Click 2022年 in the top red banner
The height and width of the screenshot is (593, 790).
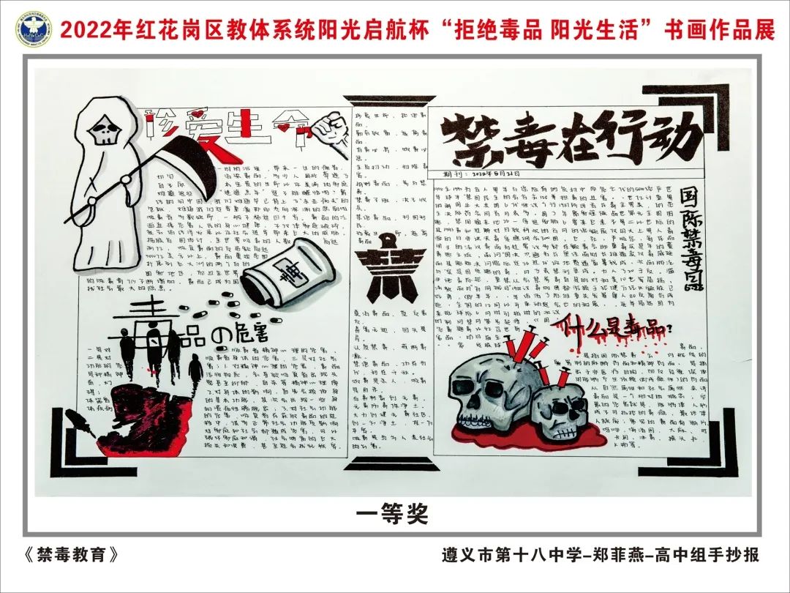(x=86, y=30)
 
